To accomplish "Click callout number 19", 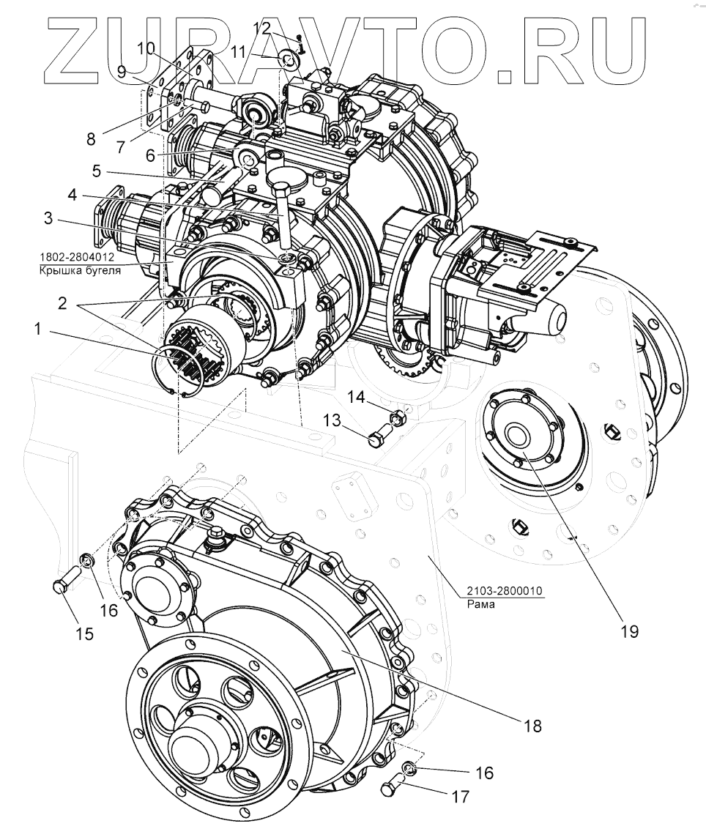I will pyautogui.click(x=629, y=630).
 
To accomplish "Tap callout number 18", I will pyautogui.click(x=532, y=726).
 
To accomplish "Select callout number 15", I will pyautogui.click(x=85, y=633).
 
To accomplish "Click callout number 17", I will pyautogui.click(x=460, y=797).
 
